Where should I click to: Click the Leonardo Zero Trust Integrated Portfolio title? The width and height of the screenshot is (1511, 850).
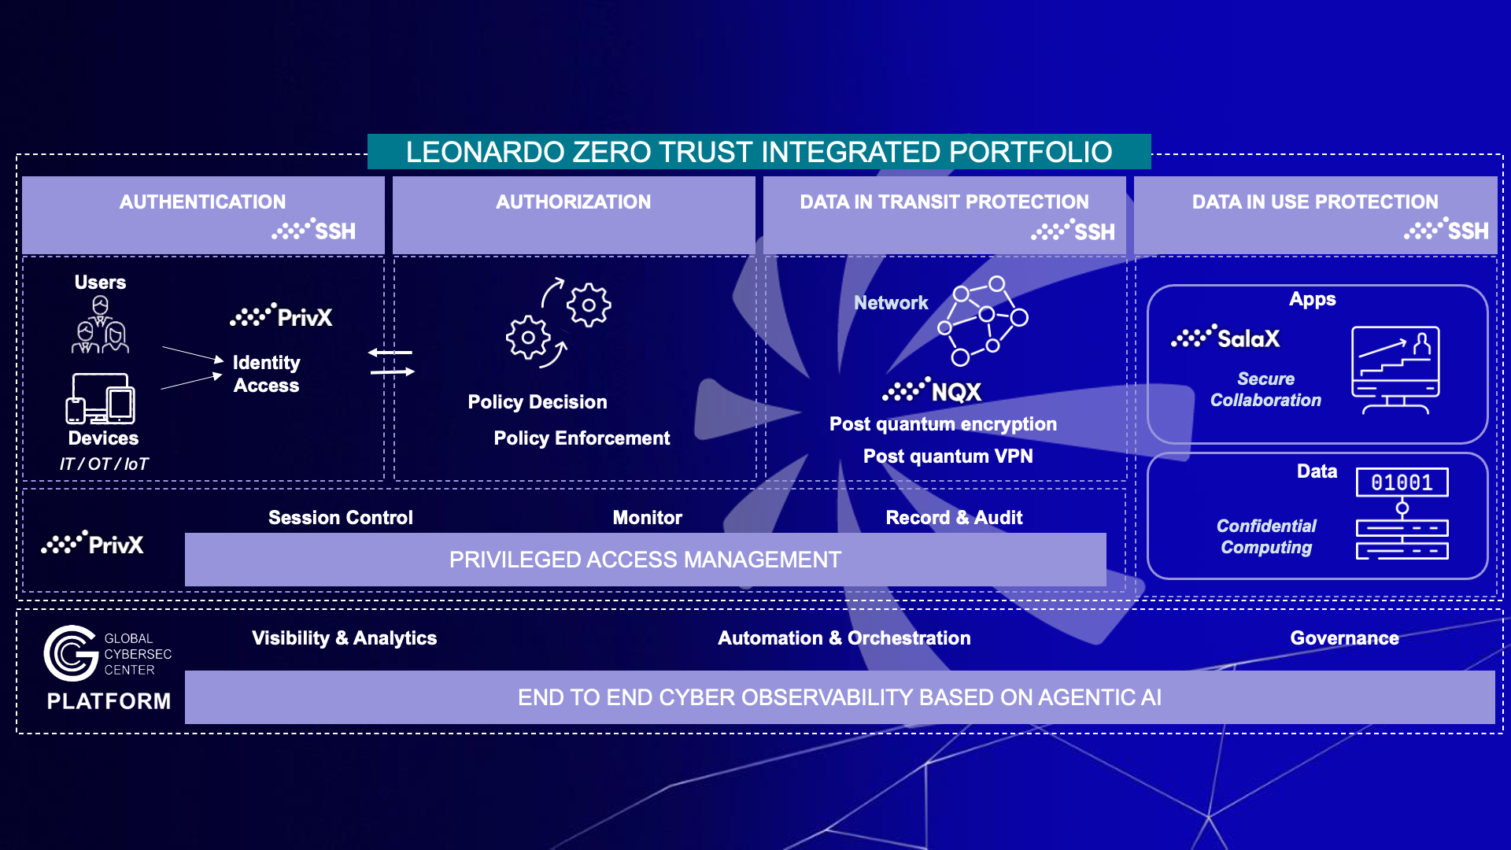coord(759,152)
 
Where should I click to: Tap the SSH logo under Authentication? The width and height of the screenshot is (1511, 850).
coord(315,231)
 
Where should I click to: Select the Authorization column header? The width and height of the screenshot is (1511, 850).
coord(573,202)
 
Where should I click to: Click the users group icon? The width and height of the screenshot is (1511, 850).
coord(100,325)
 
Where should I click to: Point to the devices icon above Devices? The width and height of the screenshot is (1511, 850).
coord(101,398)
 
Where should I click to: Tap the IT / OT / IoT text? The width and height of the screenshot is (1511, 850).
coord(104,464)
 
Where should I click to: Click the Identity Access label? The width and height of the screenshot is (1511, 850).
coord(266,374)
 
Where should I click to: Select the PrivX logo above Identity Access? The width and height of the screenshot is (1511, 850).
coord(281,316)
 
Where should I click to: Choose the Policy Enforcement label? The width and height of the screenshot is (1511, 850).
coord(582,438)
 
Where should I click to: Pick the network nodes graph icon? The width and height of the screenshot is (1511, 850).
coord(982,320)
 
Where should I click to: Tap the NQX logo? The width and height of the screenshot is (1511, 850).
coord(933,391)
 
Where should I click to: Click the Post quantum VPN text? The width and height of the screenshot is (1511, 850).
coord(948,456)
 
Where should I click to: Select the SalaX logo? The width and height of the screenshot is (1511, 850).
coord(1225,338)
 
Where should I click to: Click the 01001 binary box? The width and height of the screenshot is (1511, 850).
coord(1402,482)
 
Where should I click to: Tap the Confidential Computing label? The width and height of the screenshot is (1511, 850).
coord(1265,537)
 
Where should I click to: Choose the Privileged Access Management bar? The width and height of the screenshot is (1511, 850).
coord(645,560)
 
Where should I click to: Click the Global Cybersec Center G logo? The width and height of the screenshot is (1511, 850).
coord(71,653)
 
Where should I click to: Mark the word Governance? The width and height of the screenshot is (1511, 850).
coord(1344,638)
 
